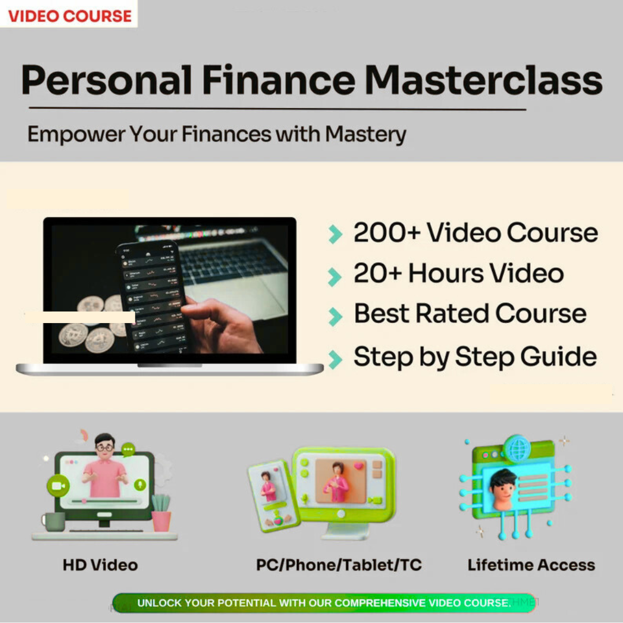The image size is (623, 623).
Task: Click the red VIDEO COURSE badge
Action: point(69,15)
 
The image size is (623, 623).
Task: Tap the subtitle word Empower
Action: point(75,134)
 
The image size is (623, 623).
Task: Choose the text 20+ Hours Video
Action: point(459,273)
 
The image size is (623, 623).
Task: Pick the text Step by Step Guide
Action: point(475,356)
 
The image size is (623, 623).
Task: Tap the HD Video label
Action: point(100,565)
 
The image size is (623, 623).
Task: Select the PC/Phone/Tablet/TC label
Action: point(339,565)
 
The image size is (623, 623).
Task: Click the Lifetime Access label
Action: point(531,565)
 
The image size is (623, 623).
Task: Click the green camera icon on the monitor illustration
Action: point(58,486)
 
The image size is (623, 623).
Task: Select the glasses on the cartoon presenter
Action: point(104,446)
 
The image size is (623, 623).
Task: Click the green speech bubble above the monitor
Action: point(128,448)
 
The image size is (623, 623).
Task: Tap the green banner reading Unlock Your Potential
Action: point(324,603)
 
